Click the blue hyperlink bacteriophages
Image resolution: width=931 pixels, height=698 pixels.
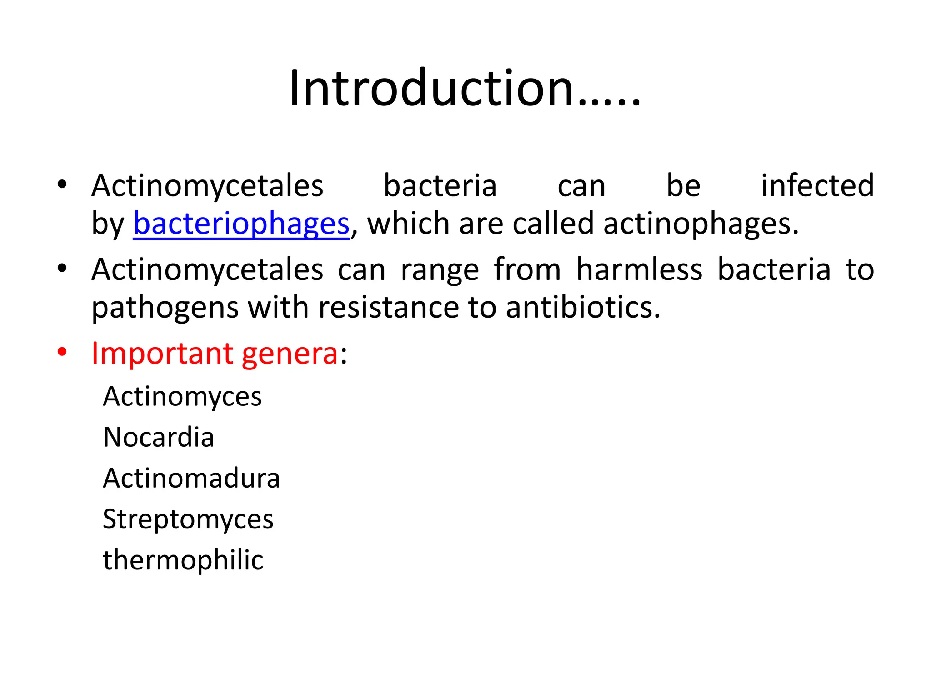(x=241, y=224)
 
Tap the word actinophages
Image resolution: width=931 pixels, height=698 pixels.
(x=701, y=224)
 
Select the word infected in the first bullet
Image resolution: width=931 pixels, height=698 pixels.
(x=817, y=186)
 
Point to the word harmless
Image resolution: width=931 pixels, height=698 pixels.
(x=639, y=269)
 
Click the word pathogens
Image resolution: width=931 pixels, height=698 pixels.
(x=165, y=308)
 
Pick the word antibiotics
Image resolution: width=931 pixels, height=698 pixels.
(x=583, y=308)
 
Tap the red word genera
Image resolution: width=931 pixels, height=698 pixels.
(x=290, y=354)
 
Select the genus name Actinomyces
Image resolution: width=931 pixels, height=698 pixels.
(x=182, y=396)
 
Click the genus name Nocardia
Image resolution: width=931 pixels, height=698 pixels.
(x=159, y=437)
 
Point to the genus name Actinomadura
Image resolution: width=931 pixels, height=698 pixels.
(x=191, y=478)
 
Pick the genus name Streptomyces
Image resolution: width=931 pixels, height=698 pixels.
(x=188, y=519)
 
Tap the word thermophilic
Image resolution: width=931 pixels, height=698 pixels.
(x=183, y=560)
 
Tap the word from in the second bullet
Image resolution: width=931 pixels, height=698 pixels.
(x=527, y=269)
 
